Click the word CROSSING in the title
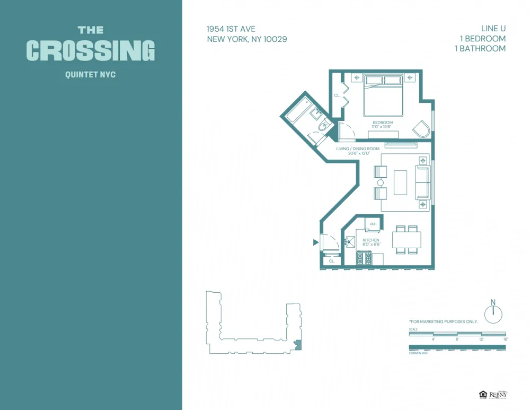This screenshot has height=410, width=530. coord(91,50)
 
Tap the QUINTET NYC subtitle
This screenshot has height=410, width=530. coord(90,75)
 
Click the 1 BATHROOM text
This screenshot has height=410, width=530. coord(480,48)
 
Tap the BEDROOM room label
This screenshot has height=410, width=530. coord(383,123)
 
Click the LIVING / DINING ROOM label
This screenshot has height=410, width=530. coord(358,149)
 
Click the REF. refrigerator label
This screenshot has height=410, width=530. coord(373,224)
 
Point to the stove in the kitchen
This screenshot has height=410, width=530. coord(364,258)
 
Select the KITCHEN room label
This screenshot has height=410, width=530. coord(371,240)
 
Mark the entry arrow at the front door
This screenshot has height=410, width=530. coord(316,242)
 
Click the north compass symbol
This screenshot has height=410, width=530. coord(493,313)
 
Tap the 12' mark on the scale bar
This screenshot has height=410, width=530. coord(481,339)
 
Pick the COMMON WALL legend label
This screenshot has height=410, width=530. coord(419,353)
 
